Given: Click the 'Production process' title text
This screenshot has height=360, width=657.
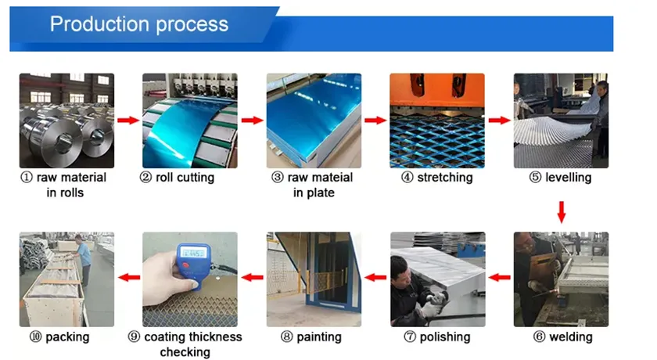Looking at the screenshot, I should [x=139, y=24].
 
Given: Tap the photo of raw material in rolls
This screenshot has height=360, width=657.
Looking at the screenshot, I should [x=66, y=121].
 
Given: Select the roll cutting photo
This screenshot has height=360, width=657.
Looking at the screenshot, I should [x=190, y=121].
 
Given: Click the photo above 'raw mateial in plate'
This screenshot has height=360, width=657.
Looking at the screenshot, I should [x=314, y=121].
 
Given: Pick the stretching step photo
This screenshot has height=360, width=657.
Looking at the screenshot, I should [x=437, y=121].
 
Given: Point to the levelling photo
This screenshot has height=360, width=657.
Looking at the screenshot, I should [x=561, y=121].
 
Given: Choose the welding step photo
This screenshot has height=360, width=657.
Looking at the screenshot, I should [x=561, y=279].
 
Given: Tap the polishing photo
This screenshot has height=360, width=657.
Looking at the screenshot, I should [x=437, y=279].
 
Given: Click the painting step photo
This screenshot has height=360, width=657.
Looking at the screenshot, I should [x=314, y=279].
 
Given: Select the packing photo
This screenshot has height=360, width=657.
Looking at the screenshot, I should [x=66, y=279].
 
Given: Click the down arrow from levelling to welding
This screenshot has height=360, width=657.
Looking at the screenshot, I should [x=561, y=211].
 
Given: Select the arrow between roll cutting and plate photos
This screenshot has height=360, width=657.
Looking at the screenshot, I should [x=252, y=121].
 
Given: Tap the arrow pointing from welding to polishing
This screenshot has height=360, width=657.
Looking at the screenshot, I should [x=499, y=277].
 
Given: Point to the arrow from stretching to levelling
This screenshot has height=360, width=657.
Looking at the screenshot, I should [x=499, y=121].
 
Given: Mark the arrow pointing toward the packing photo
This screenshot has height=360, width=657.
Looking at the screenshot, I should [x=128, y=277].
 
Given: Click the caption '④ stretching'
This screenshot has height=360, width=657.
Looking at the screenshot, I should [x=437, y=178].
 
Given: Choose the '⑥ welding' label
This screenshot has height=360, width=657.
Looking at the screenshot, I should [x=562, y=337].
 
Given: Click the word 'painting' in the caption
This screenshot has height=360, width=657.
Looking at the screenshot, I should [x=319, y=337].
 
